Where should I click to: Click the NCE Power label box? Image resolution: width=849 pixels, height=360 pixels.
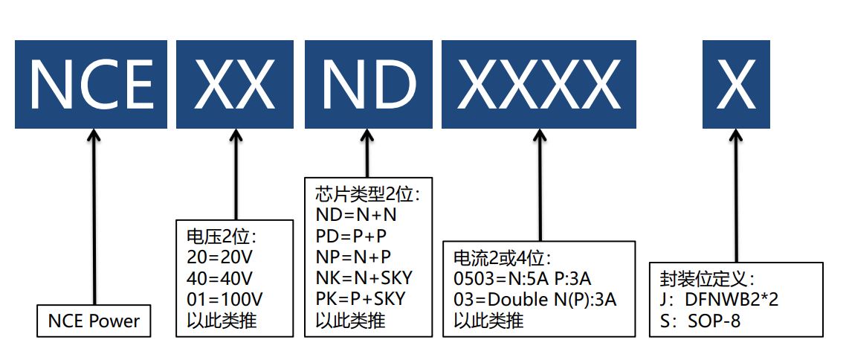click(94, 321)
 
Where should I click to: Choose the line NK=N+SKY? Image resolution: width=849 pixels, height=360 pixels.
click(364, 278)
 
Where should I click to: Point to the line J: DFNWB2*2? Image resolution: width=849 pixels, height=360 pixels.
click(719, 300)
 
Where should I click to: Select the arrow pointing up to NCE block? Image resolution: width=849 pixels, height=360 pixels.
click(94, 216)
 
